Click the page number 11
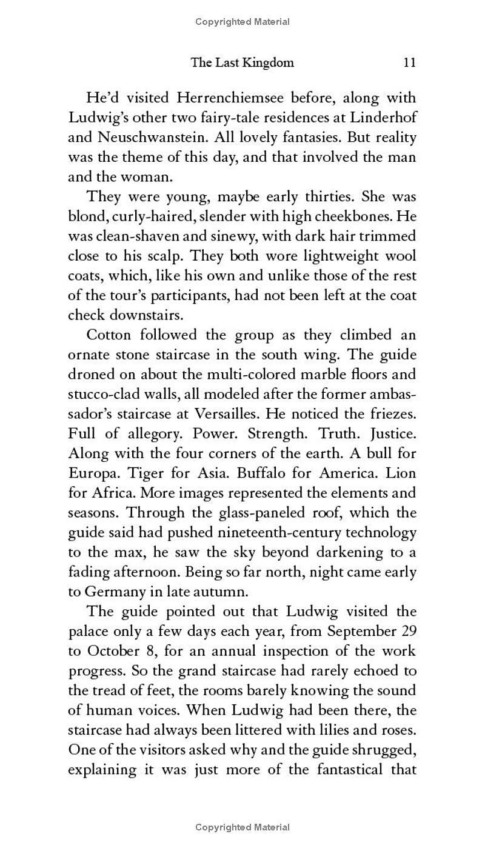point(409,62)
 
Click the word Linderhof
point(382,117)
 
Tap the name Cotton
point(109,335)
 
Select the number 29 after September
point(408,630)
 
